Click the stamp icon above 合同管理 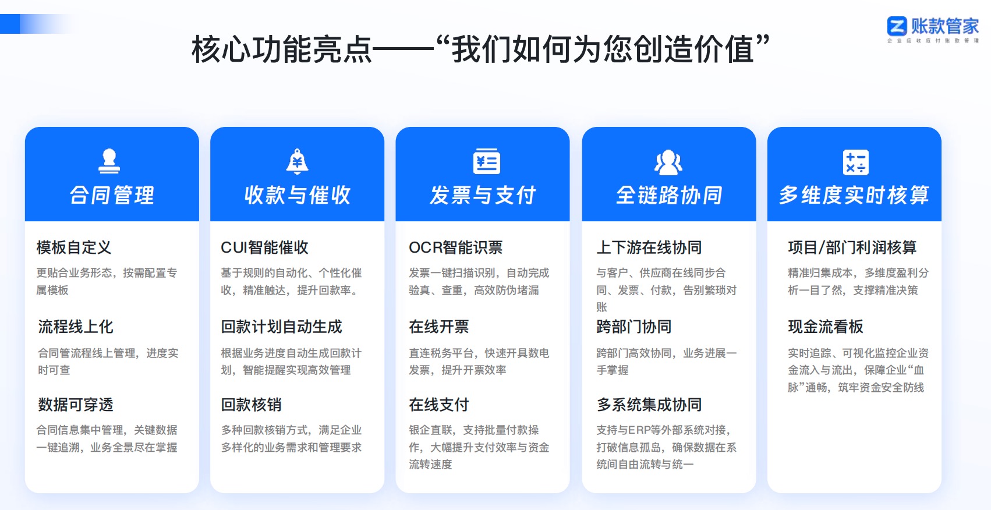109,161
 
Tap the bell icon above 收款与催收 297,161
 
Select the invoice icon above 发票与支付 486,161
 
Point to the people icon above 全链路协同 668,162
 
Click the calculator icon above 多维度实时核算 855,162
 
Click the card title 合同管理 112,195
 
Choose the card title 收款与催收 297,195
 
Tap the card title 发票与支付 483,195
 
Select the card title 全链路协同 669,195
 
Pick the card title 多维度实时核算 854,195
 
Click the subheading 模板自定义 74,247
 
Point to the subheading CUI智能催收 264,247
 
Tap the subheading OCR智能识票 455,247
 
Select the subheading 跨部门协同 633,327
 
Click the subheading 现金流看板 825,327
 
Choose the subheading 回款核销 251,405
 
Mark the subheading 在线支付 438,405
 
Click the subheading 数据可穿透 76,405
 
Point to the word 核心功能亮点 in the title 282,49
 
